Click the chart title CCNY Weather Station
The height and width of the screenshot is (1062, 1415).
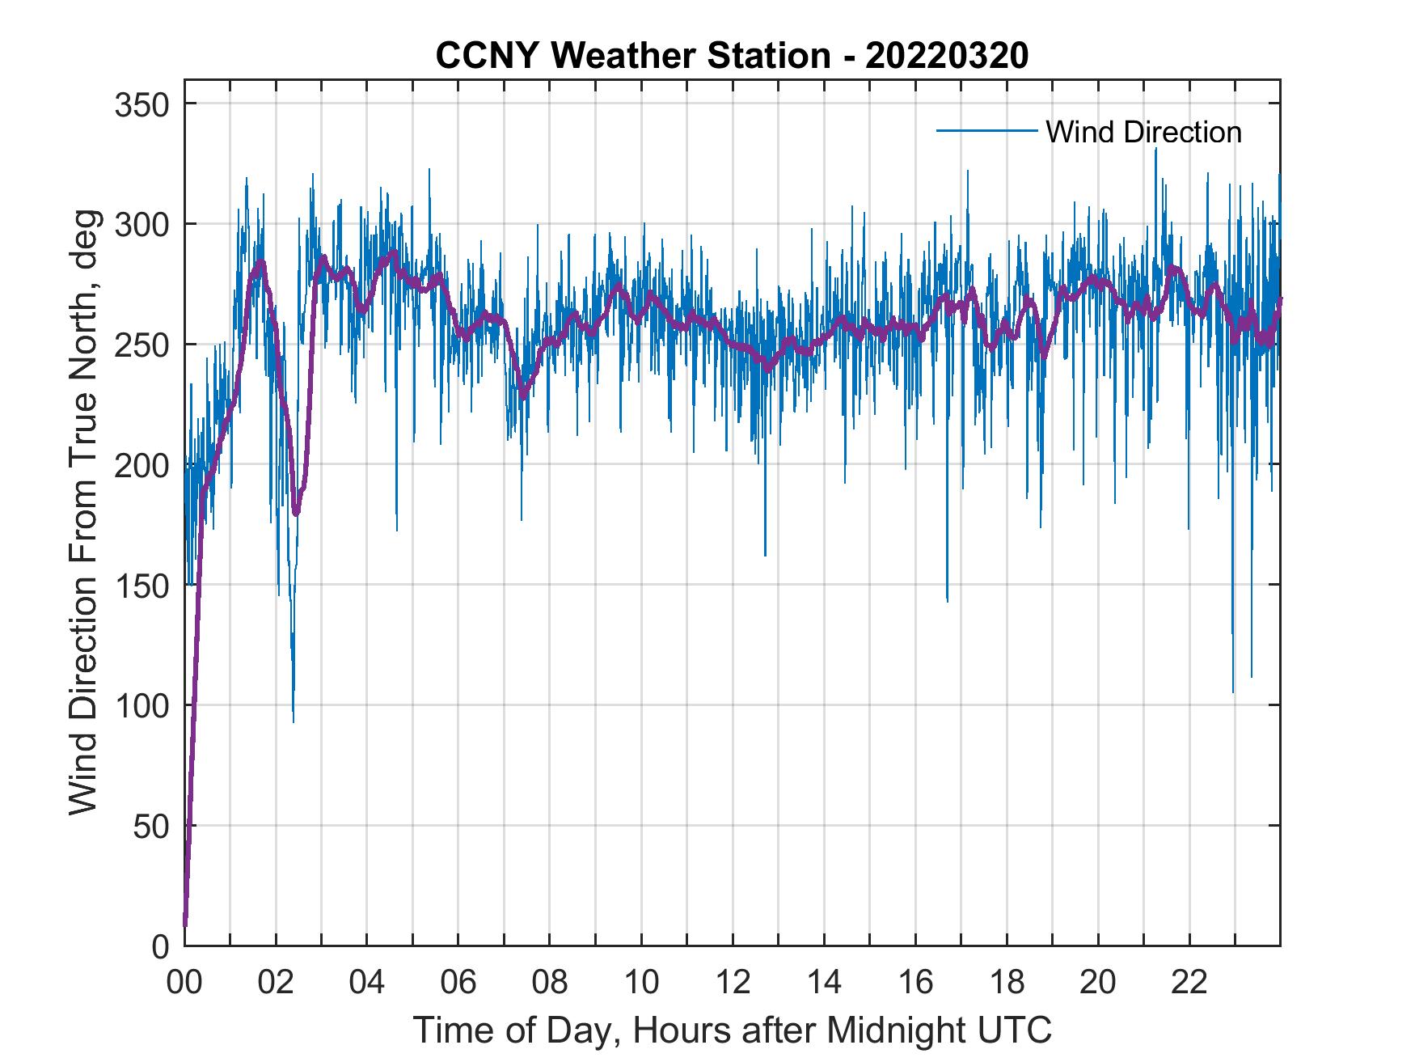pos(732,56)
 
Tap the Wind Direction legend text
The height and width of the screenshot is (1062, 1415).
pos(1143,132)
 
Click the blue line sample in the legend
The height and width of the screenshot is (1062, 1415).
pos(986,131)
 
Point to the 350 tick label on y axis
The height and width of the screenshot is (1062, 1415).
pos(141,104)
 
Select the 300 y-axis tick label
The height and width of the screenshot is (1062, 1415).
pos(141,224)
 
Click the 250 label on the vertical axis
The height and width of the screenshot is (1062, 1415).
pos(141,345)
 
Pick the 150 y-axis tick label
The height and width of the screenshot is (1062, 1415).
pos(141,585)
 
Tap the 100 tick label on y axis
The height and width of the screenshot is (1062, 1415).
pos(141,705)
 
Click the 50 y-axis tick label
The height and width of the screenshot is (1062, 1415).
pos(151,826)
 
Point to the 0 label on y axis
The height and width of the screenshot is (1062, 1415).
pos(161,946)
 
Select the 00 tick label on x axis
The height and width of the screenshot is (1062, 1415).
pos(184,983)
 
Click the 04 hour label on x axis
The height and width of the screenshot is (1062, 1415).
pos(367,983)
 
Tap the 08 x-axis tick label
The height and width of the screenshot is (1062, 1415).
pos(550,983)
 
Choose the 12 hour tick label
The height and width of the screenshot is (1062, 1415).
pos(733,983)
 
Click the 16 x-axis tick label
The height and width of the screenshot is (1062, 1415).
pos(915,983)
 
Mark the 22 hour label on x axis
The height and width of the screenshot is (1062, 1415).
pos(1189,983)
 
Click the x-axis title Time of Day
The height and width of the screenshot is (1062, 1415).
pos(732,1030)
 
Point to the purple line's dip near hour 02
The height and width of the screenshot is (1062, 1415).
pos(296,511)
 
